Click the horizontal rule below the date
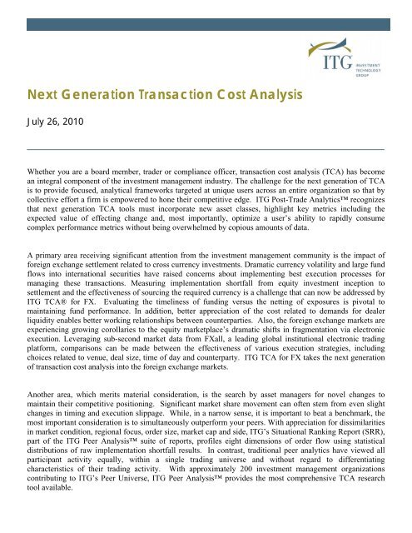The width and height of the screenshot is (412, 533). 206,147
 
